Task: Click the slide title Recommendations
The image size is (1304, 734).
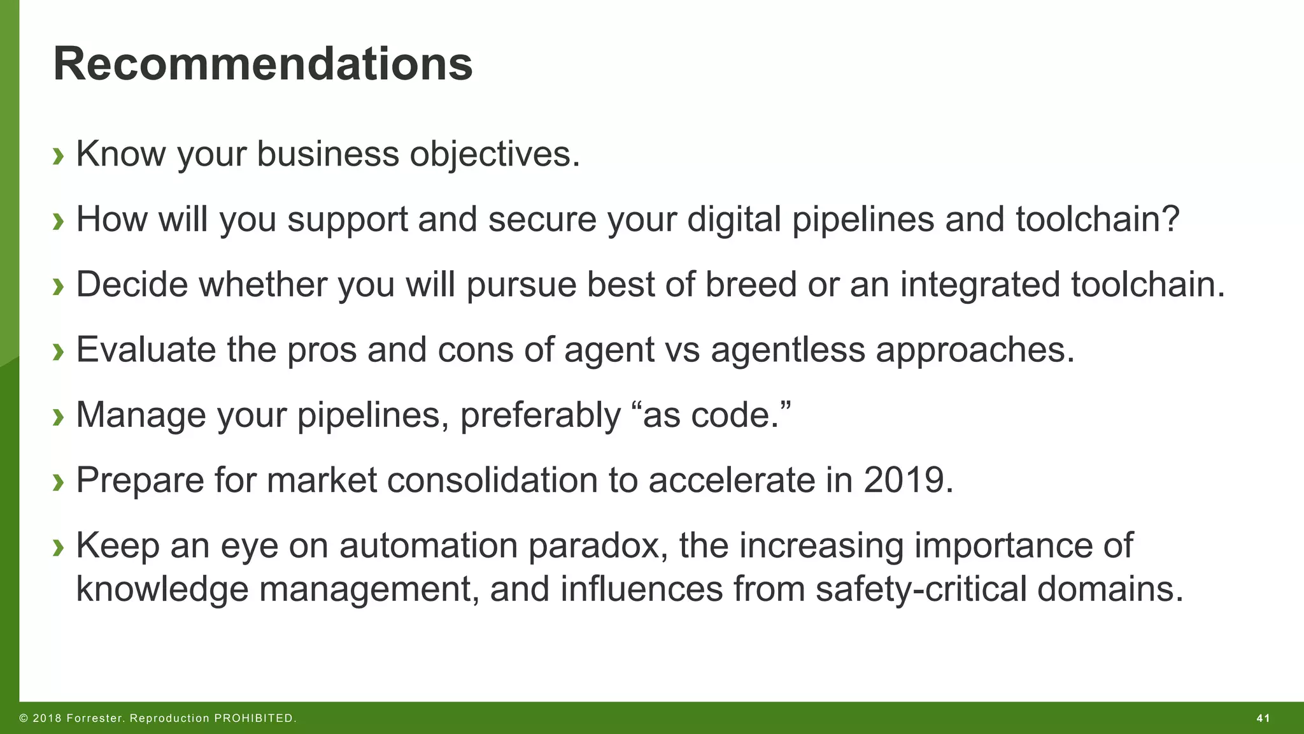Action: point(263,64)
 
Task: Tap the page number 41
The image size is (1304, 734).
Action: point(1263,719)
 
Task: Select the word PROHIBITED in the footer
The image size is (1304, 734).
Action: point(254,719)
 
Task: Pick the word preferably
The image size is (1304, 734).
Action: point(540,415)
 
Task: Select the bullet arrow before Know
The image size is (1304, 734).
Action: point(59,155)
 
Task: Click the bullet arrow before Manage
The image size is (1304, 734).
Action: point(59,417)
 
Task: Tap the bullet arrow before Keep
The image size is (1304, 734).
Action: point(59,547)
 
